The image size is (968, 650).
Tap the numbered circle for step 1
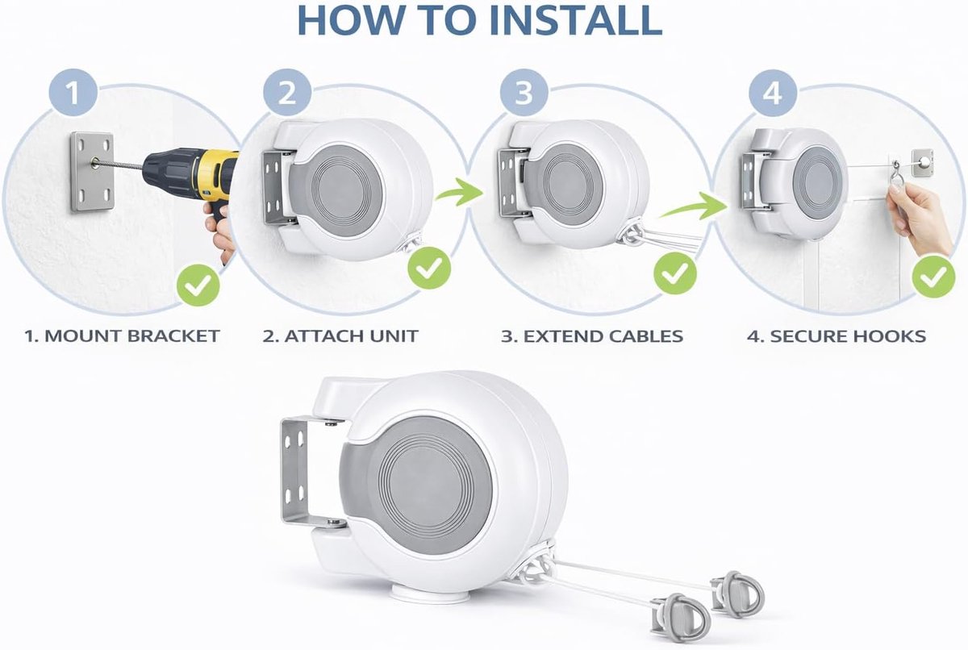(73, 93)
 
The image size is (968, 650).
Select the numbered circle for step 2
(287, 93)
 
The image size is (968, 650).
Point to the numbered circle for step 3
(524, 93)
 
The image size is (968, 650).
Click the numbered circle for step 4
(773, 93)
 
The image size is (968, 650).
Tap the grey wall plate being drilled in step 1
(92, 172)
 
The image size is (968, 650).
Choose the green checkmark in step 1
(198, 285)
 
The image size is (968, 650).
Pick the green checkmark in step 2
(429, 268)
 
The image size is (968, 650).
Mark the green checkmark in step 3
(675, 273)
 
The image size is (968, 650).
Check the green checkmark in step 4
(934, 277)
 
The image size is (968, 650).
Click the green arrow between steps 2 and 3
(461, 192)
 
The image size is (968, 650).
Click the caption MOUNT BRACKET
(132, 336)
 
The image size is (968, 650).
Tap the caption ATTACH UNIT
(352, 336)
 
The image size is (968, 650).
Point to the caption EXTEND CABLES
(603, 336)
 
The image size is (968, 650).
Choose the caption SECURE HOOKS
(848, 336)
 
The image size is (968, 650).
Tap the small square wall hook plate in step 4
(922, 162)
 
